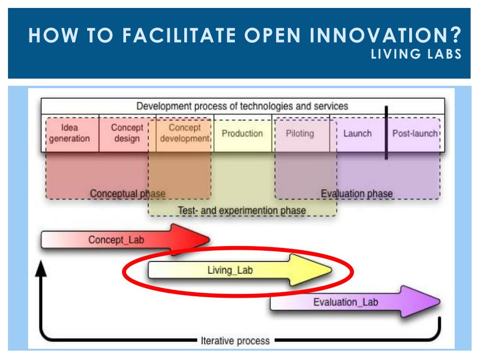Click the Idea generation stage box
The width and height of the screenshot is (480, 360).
pyautogui.click(x=70, y=133)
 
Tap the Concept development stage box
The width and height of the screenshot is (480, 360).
pyautogui.click(x=185, y=133)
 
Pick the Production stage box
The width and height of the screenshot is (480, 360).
pyautogui.click(x=242, y=134)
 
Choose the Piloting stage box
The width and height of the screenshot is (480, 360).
pyautogui.click(x=300, y=134)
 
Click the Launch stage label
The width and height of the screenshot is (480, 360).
pyautogui.click(x=357, y=134)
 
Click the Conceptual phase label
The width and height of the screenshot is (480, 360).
pyautogui.click(x=127, y=194)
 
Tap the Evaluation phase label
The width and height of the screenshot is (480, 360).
pyautogui.click(x=357, y=194)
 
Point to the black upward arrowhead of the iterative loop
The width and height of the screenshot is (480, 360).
pyautogui.click(x=42, y=268)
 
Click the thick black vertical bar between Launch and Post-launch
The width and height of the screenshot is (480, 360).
pyautogui.click(x=386, y=133)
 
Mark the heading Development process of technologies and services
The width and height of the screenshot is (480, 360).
pyautogui.click(x=242, y=106)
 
